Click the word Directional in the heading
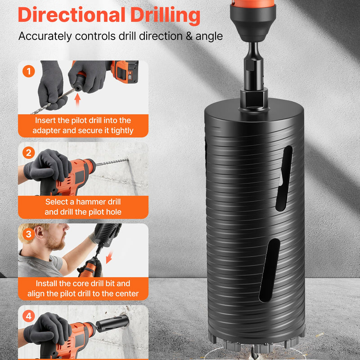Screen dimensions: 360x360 point(72,15)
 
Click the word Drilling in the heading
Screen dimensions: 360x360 point(165,16)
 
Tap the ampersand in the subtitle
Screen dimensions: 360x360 point(189,36)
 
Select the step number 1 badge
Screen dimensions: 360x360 point(29,71)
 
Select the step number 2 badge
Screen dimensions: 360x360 point(29,153)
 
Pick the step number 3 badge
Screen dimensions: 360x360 point(29,234)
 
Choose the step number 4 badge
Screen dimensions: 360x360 point(29,316)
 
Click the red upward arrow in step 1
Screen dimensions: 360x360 point(77,100)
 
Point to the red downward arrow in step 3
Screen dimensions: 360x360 point(109,257)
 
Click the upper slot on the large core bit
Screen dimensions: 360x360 point(284,178)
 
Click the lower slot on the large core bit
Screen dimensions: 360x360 point(269,270)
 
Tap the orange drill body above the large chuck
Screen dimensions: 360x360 point(253,3)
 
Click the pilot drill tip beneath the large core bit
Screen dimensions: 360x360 point(254,352)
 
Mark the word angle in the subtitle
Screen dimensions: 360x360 point(209,37)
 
